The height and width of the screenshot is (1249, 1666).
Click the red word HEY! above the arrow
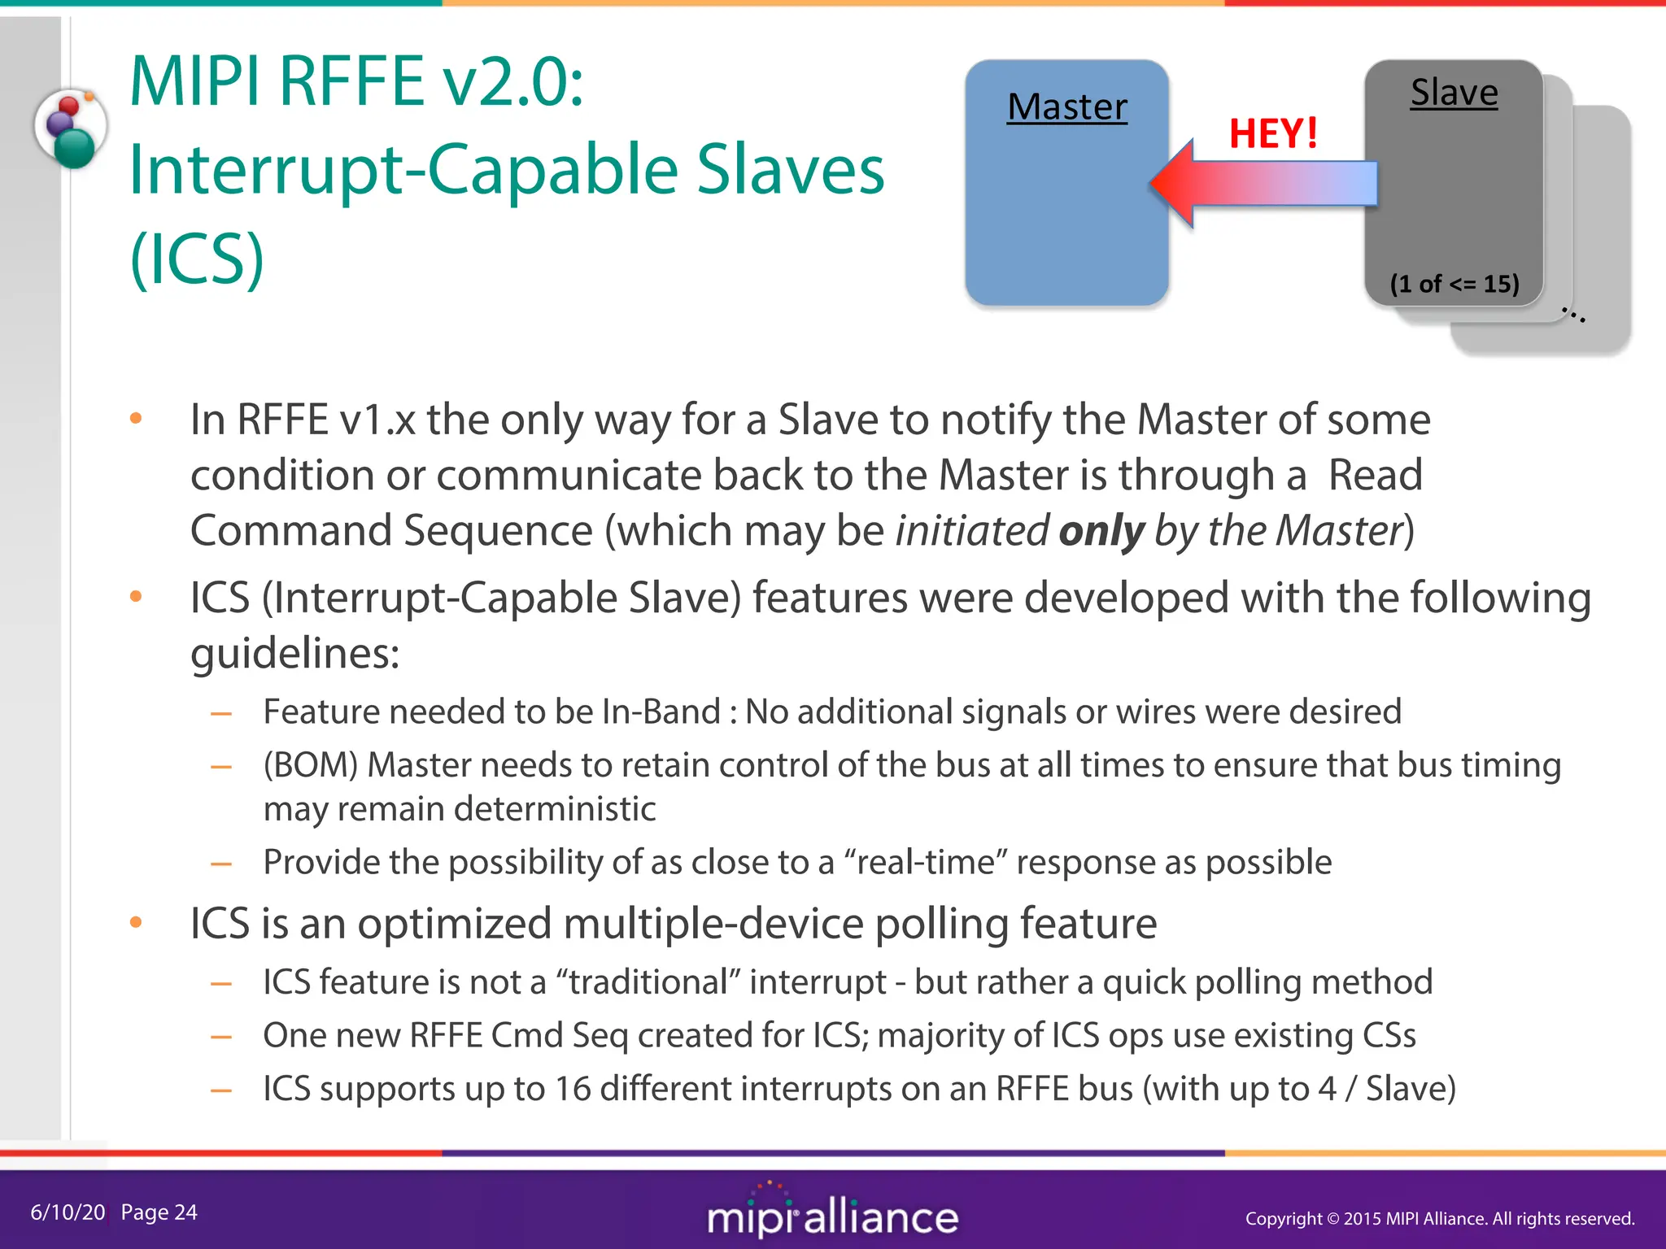[1273, 133]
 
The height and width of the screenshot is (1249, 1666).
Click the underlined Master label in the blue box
[1066, 107]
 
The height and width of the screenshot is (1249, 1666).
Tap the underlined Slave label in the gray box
[1454, 92]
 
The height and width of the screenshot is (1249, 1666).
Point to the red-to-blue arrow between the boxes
[1266, 184]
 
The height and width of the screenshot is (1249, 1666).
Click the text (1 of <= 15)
[1454, 284]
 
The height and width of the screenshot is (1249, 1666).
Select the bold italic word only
[1101, 531]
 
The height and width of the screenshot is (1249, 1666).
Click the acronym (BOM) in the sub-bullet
[310, 765]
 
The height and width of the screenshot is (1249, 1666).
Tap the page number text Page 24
[159, 1212]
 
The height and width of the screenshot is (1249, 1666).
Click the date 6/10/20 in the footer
[68, 1212]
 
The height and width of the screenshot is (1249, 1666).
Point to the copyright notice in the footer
[1439, 1218]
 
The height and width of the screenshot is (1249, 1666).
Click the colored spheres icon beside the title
[71, 128]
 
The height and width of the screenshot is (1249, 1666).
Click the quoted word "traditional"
[648, 982]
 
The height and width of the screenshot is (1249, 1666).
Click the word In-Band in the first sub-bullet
[661, 712]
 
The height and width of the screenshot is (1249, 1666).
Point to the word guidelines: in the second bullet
[294, 653]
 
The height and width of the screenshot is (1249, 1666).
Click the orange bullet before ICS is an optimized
[136, 923]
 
